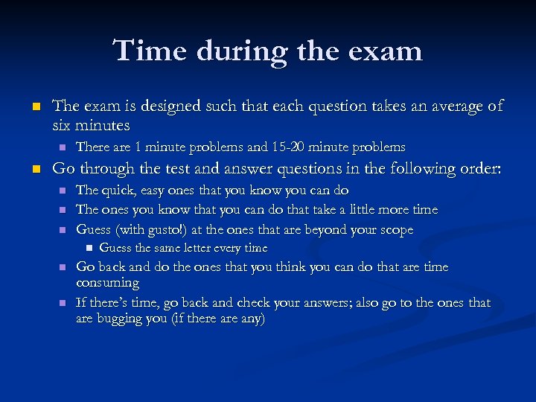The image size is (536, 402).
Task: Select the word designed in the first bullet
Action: tap(171, 107)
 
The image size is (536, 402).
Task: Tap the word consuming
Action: tap(107, 283)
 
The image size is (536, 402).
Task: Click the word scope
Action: tap(396, 230)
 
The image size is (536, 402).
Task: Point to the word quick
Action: tap(119, 191)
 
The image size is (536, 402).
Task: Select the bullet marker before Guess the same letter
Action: tap(86, 249)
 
